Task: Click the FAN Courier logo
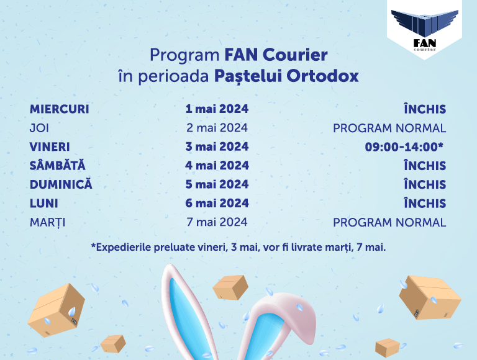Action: pos(424,30)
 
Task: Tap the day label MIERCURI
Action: pos(60,109)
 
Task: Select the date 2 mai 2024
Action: pos(217,128)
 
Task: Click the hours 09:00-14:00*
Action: pos(404,147)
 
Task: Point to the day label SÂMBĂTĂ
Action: pos(58,165)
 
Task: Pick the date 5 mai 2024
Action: pos(217,184)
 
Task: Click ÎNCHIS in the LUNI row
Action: pos(425,203)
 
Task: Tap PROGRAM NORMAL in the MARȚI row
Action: pos(389,223)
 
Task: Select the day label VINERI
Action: pos(50,147)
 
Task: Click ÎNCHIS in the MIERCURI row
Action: pos(425,109)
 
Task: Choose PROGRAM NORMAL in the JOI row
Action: pos(389,128)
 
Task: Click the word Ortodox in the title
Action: pos(322,76)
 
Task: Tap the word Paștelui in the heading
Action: pos(248,76)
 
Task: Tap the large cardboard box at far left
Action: pos(57,310)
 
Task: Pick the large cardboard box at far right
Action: pos(430,297)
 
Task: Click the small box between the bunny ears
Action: pos(230,287)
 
